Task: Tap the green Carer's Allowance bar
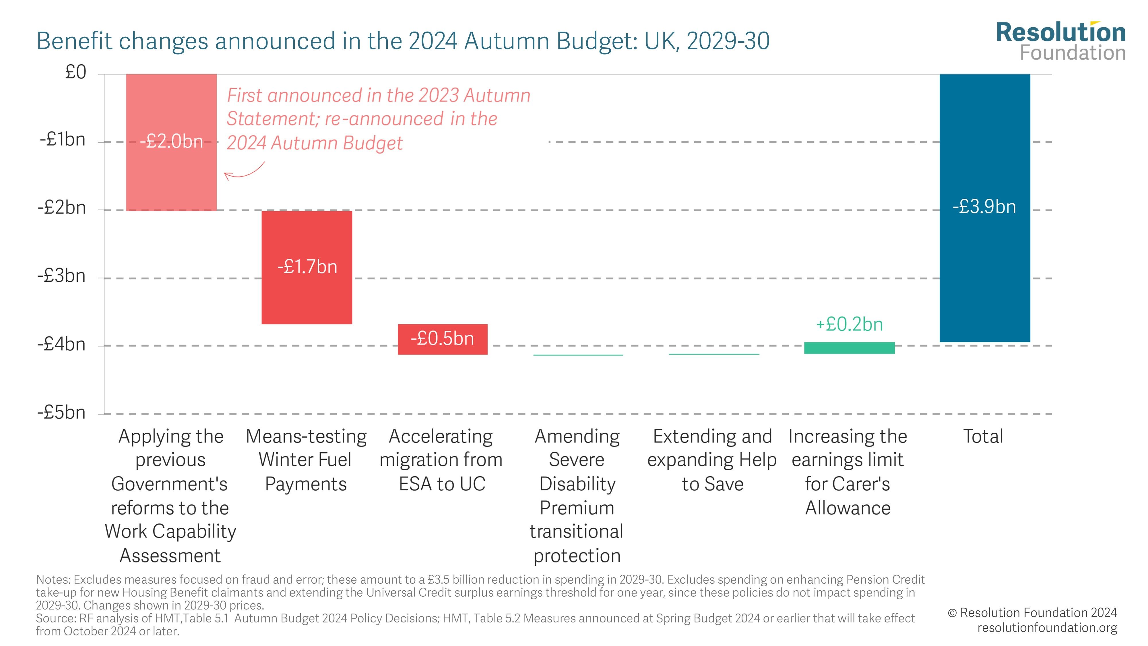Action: tap(849, 348)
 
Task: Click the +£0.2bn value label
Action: tap(849, 324)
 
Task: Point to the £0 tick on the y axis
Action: tap(76, 72)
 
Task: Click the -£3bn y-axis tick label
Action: tap(61, 276)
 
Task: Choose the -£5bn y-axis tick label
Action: tap(61, 412)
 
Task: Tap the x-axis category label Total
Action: tap(983, 436)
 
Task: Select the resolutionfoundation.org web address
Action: tap(1047, 628)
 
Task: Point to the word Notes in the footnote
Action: tap(53, 580)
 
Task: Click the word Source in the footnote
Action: tap(56, 618)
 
